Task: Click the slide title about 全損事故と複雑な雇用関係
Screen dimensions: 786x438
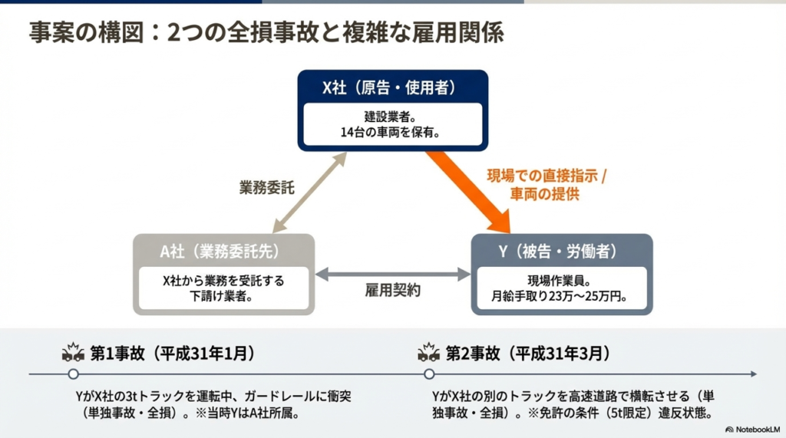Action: [266, 32]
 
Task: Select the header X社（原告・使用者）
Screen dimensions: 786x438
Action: [389, 87]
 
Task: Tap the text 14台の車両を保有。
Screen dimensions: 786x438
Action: [391, 132]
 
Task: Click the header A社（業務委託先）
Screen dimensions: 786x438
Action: [220, 251]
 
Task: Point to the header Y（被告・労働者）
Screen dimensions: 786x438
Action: [557, 251]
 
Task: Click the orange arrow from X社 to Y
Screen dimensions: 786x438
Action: [469, 191]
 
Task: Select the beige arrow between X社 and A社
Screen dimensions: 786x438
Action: [309, 192]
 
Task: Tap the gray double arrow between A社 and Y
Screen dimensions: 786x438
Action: [393, 274]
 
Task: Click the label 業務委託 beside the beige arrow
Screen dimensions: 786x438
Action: [266, 188]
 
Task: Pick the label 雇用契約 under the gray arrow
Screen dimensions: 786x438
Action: [392, 291]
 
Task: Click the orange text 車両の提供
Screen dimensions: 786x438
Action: [544, 193]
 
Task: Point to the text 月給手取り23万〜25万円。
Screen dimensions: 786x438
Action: [559, 296]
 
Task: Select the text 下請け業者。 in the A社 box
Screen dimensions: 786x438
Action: [221, 296]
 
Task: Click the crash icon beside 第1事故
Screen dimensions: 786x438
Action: [73, 352]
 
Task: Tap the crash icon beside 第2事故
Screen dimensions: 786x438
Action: [428, 352]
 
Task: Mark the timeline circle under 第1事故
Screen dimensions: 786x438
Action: [73, 374]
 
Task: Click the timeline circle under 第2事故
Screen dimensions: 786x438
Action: [429, 374]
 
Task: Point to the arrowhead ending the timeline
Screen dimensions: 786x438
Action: [754, 374]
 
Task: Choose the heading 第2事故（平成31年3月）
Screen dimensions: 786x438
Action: [528, 354]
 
